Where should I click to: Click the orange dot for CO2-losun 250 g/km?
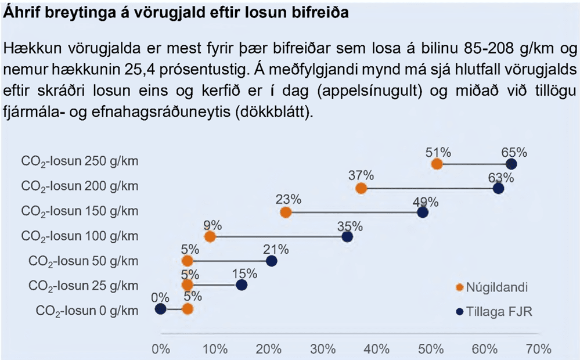[437, 164]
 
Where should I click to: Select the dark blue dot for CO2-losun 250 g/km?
[511, 164]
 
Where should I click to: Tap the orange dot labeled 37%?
[361, 188]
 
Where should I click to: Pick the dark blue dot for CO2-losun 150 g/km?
[423, 213]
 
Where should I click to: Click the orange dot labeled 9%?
[210, 236]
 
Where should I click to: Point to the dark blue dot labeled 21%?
[271, 261]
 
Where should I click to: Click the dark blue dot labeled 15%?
[242, 285]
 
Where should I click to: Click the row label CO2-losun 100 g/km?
[80, 236]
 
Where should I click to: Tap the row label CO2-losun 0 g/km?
[87, 310]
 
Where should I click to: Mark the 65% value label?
[514, 152]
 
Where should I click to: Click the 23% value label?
[289, 199]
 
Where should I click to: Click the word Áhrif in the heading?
[20, 13]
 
